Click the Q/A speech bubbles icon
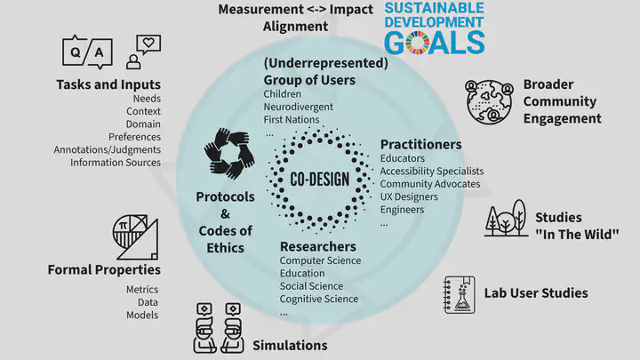click(87, 52)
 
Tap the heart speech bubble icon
click(144, 52)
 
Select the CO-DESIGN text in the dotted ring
click(320, 179)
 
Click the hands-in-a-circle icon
click(229, 154)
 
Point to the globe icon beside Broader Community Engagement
click(490, 101)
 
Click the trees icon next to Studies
click(506, 219)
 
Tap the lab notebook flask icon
click(460, 295)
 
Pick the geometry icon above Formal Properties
click(135, 237)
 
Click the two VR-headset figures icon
click(219, 328)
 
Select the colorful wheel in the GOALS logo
click(417, 43)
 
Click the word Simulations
click(290, 345)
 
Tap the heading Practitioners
click(420, 145)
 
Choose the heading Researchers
click(318, 246)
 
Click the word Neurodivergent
click(299, 107)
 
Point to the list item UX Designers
click(409, 196)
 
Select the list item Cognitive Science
click(319, 299)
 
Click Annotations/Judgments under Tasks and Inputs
click(108, 150)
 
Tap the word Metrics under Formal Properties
click(142, 290)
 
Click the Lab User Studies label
click(536, 293)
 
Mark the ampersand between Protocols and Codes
click(225, 214)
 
